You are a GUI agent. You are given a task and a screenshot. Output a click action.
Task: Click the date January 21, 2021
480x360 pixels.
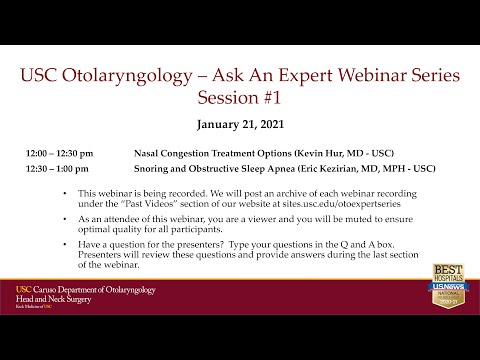tap(239, 128)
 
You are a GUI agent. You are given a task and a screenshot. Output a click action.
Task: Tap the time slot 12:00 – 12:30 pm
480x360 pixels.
tap(61, 155)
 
